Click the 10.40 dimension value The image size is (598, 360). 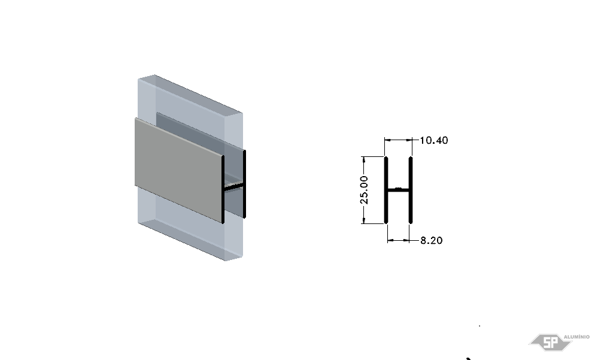point(433,141)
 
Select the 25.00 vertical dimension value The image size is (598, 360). point(365,190)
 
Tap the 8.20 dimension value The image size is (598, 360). point(432,241)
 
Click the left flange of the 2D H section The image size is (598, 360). point(386,190)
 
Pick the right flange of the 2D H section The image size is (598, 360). point(411,190)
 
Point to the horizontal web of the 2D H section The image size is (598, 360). point(399,190)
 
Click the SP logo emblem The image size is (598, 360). point(550,343)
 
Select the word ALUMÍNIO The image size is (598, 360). point(576,337)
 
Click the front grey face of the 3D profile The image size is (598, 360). point(178,170)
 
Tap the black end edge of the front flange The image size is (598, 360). point(223,189)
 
